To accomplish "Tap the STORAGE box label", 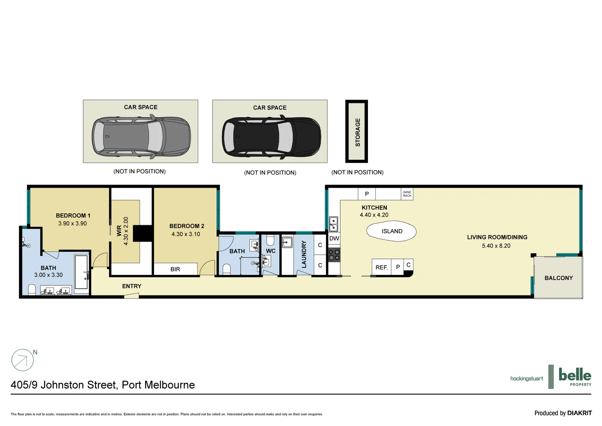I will (357, 132).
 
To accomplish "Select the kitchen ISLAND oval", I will (392, 232).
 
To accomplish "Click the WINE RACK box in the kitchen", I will (407, 194).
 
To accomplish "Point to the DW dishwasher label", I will (334, 238).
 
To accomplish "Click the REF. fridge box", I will (381, 267).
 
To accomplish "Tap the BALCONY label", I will (558, 278).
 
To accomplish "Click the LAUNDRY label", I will (304, 255).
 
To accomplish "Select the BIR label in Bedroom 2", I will (175, 269).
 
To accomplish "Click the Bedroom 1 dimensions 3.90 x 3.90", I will (72, 224).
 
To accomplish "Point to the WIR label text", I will (119, 231).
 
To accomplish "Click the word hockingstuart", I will (526, 379).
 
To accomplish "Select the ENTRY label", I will (132, 286).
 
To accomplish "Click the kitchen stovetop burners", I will (334, 255).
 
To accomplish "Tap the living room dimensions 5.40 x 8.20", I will (496, 246).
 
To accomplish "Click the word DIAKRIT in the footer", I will (580, 413).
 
